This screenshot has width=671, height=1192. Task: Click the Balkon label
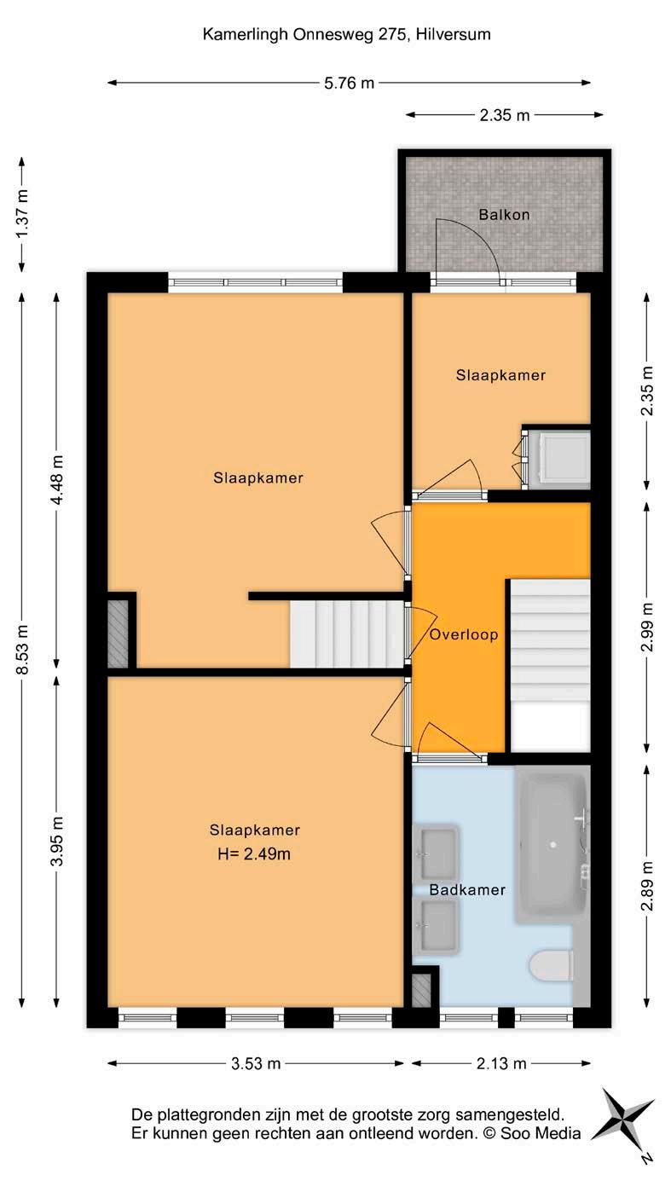(504, 215)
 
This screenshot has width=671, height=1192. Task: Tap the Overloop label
(464, 634)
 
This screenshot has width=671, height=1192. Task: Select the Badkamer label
(467, 890)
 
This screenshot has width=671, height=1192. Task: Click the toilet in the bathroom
(552, 965)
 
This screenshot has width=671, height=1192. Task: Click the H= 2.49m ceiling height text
(254, 854)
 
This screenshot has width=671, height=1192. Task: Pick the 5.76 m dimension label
(349, 83)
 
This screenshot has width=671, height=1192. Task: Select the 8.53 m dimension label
(22, 650)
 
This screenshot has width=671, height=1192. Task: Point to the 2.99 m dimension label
(647, 627)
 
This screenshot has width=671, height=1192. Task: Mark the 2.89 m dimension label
(647, 886)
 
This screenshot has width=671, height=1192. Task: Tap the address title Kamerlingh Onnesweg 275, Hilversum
(346, 35)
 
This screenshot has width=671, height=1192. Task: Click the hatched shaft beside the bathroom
(421, 991)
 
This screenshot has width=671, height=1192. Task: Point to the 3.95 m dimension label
(57, 841)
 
